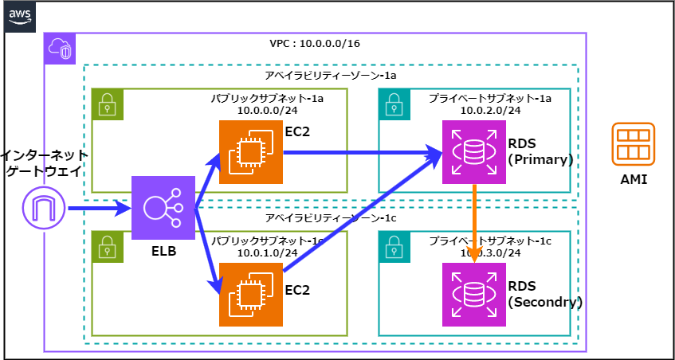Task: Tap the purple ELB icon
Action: (163, 208)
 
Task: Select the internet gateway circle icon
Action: (44, 209)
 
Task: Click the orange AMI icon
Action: (634, 145)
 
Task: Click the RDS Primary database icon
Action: (474, 152)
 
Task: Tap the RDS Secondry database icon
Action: (474, 295)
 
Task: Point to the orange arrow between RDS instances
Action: (475, 223)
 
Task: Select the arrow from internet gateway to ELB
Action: (100, 209)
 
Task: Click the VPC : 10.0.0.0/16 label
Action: (315, 43)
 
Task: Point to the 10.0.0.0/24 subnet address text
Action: (267, 110)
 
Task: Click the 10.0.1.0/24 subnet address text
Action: (267, 252)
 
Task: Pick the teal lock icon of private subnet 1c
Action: (394, 247)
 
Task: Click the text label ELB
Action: (163, 252)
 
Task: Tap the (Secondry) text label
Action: (545, 303)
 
